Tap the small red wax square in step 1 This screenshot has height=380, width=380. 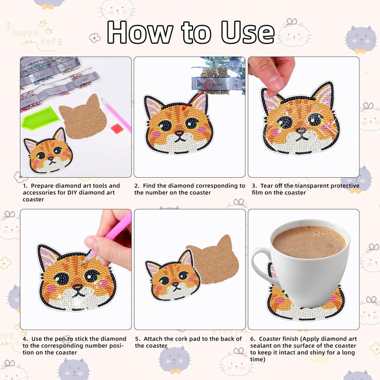(117, 128)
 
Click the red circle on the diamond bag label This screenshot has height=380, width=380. (210, 85)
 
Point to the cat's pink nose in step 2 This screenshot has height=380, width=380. (179, 133)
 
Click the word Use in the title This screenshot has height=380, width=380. (247, 32)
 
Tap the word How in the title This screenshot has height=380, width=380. (140, 32)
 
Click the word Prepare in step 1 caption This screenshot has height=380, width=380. (42, 186)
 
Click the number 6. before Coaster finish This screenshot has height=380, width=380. (253, 339)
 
